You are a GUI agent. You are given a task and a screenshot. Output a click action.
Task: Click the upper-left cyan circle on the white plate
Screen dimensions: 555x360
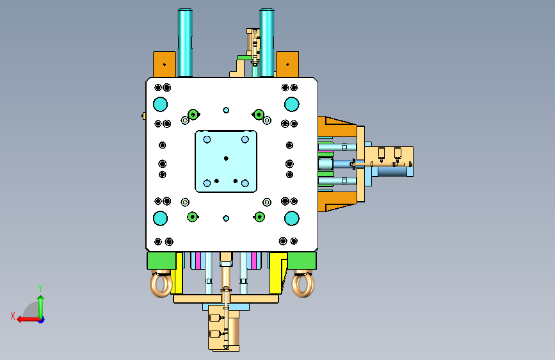pos(160,104)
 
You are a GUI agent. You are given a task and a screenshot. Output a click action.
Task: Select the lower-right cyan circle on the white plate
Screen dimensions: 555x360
pos(292,218)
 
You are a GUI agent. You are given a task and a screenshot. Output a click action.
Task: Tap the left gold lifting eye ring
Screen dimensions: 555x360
pos(161,284)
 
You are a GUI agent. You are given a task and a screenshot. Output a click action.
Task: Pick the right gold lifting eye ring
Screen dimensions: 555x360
pos(303,284)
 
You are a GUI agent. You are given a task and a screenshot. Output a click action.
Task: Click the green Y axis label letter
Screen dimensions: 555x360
pos(40,288)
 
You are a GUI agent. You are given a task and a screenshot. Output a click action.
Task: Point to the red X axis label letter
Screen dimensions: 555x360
pos(13,316)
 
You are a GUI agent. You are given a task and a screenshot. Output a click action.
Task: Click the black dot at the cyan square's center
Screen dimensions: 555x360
pos(226,158)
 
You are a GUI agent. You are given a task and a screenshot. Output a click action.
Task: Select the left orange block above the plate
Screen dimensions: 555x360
pos(165,64)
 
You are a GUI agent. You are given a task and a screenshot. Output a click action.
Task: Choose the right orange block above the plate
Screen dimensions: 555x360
pos(287,64)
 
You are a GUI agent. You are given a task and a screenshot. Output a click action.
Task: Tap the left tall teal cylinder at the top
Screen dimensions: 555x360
pos(185,42)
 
